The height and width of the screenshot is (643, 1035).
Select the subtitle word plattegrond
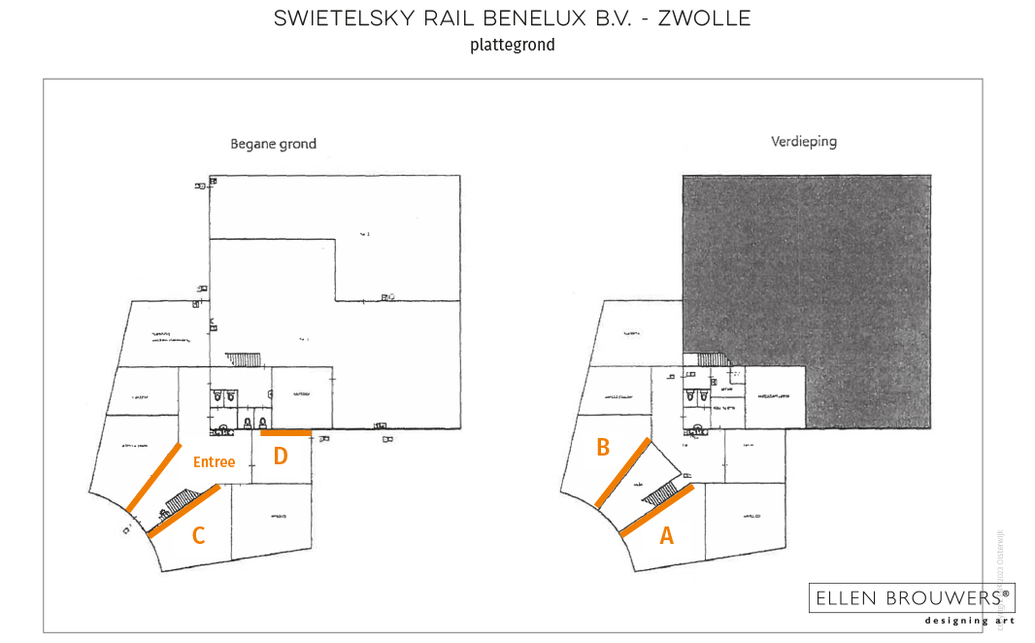[x=512, y=45]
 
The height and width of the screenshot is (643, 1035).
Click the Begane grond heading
[x=273, y=144]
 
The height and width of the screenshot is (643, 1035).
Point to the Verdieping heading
[x=804, y=141]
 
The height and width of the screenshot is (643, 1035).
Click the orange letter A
[x=666, y=534]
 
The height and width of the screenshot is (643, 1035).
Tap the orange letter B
[x=603, y=447]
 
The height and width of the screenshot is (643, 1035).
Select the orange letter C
[x=198, y=534]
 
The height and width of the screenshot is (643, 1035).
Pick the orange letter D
[x=280, y=455]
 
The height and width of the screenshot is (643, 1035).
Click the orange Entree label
[x=214, y=462]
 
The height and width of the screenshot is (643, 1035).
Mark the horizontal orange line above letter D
[x=285, y=432]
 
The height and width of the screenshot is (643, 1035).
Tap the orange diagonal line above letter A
[x=656, y=510]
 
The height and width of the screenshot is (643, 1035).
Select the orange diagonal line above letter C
[x=185, y=510]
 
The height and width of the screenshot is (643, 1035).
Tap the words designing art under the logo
[x=969, y=620]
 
